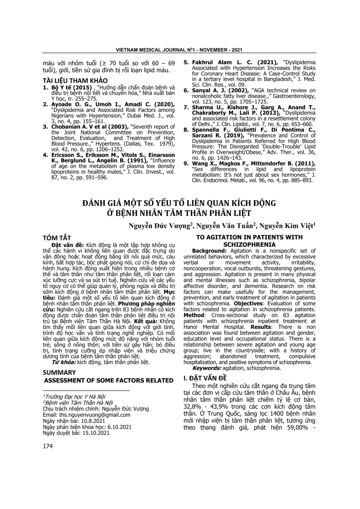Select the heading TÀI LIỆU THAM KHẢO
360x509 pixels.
[x=75, y=81]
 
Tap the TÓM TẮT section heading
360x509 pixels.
[x=57, y=238]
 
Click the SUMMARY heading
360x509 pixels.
[x=59, y=373]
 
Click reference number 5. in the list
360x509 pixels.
[x=186, y=62]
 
